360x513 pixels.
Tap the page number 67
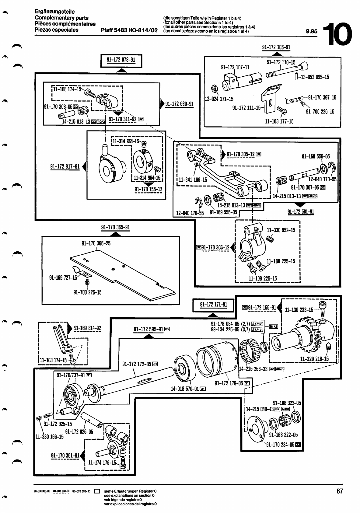(x=340, y=491)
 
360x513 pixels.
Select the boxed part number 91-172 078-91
(x=121, y=60)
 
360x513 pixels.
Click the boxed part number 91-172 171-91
(x=214, y=305)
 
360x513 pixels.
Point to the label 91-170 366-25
(x=96, y=243)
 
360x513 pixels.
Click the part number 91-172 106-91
(x=276, y=47)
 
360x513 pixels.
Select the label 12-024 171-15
(x=219, y=99)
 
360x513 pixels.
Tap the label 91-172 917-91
(x=65, y=166)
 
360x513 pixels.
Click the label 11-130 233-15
(x=299, y=310)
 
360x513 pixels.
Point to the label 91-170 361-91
(x=65, y=456)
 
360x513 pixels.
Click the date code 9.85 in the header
(x=312, y=31)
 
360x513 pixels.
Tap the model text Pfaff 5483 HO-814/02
(x=129, y=30)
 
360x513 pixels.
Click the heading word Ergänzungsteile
(x=55, y=12)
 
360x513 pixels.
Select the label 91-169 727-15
(x=63, y=277)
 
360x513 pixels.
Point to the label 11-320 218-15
(x=314, y=359)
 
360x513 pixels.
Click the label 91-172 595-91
(x=149, y=329)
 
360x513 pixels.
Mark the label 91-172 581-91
(x=301, y=212)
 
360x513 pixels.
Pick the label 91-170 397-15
(x=322, y=98)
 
